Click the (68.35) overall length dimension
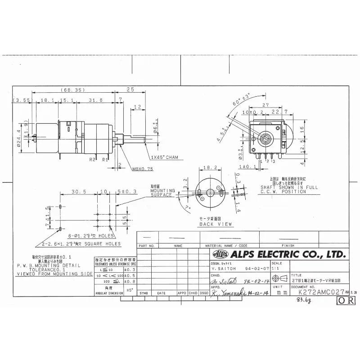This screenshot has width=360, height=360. pos(72,90)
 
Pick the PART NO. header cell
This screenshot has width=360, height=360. pos(147,246)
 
